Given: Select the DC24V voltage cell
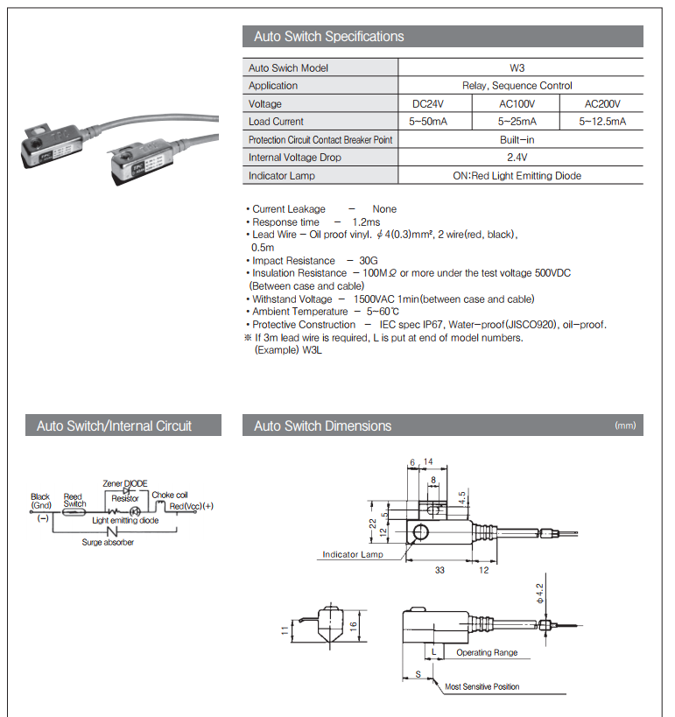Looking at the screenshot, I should click(435, 103).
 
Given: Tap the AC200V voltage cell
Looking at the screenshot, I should click(602, 103).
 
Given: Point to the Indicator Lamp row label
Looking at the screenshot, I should click(282, 176).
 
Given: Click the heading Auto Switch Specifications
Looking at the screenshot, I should click(329, 37).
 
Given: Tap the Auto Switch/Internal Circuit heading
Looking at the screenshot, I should click(115, 426).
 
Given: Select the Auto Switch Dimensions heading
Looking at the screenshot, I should click(323, 426).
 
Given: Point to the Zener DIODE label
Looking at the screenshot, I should click(125, 483).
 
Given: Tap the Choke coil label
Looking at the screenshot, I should click(170, 495).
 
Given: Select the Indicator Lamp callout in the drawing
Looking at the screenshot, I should click(353, 554).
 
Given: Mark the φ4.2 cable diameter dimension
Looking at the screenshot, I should click(541, 594).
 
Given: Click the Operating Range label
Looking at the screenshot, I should click(487, 652).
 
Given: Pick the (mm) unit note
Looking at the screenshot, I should click(625, 426).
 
